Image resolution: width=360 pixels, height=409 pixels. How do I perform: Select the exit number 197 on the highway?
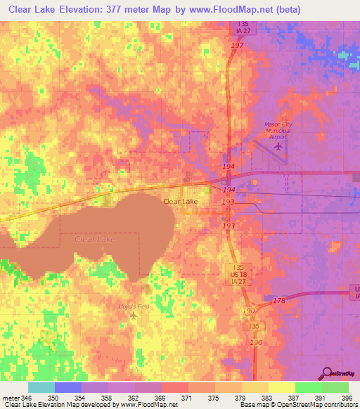pyautogui.click(x=237, y=45)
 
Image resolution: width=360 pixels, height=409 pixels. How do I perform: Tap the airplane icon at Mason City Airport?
pyautogui.click(x=279, y=146)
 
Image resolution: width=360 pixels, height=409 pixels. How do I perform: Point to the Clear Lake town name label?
pyautogui.click(x=180, y=201)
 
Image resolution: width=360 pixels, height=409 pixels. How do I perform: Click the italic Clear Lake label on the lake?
pyautogui.click(x=94, y=240)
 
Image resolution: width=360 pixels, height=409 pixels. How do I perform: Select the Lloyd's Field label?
pyautogui.click(x=134, y=306)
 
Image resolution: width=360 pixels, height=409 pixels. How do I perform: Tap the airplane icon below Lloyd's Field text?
pyautogui.click(x=134, y=316)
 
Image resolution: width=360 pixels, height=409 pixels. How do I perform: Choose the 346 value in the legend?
pyautogui.click(x=26, y=398)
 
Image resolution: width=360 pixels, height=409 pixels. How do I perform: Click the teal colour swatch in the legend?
pyautogui.click(x=41, y=387)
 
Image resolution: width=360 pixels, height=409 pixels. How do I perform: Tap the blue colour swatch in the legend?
pyautogui.click(x=68, y=387)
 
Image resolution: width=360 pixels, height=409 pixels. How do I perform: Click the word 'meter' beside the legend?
pyautogui.click(x=9, y=398)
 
